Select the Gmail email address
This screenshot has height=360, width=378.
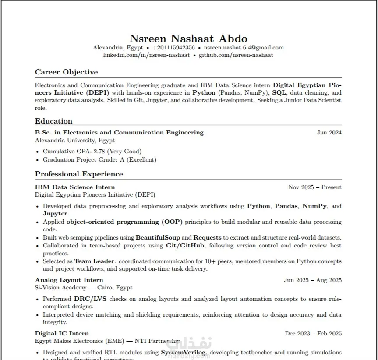244,48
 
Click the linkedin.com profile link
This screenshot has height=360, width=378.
146,55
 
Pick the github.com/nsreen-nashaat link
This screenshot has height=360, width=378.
236,55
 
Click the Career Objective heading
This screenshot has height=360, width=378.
66,72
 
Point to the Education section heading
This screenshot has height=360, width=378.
53,121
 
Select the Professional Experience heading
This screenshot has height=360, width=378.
79,174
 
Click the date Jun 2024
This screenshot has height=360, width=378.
329,132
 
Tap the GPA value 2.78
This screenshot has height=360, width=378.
87,152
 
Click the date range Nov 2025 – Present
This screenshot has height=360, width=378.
314,187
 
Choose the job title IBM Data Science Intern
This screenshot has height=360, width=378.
75,187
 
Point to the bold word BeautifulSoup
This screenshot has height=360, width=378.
157,237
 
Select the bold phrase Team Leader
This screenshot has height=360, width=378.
94,261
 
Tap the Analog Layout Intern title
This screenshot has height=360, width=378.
69,280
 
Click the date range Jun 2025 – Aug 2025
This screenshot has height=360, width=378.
312,280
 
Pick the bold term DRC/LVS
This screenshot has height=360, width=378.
90,299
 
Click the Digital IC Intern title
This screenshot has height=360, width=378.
62,333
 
